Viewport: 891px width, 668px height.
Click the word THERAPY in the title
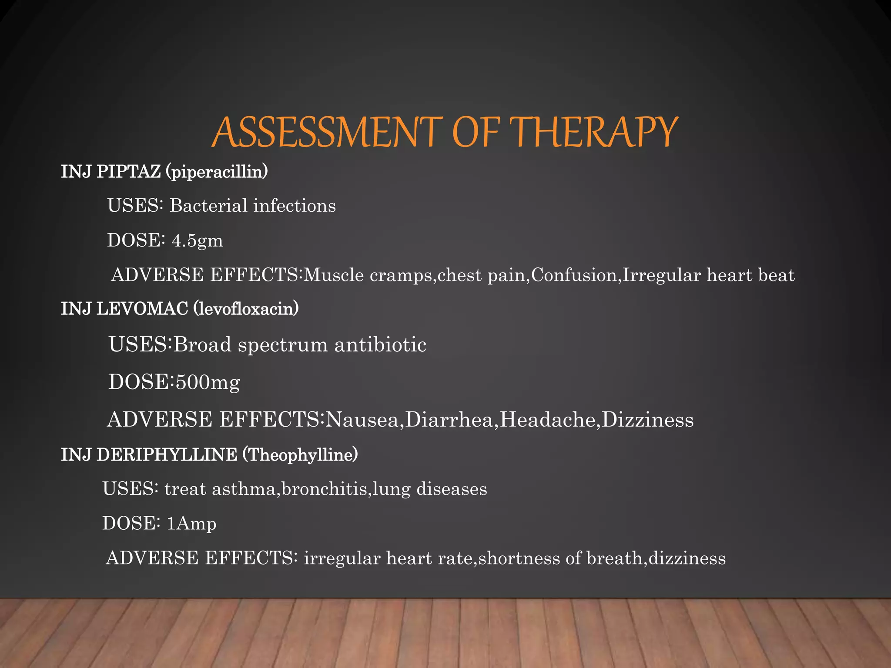coord(593,132)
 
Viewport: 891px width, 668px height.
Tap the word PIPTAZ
coord(128,172)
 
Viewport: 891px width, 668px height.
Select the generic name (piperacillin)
coord(217,172)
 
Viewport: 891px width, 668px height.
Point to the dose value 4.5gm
coord(198,240)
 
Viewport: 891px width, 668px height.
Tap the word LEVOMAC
coord(142,309)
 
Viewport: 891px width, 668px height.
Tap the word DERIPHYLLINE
coord(167,455)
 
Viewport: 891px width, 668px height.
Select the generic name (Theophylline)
coord(300,455)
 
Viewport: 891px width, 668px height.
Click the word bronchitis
coord(324,489)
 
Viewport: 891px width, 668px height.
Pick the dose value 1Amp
coord(191,524)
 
